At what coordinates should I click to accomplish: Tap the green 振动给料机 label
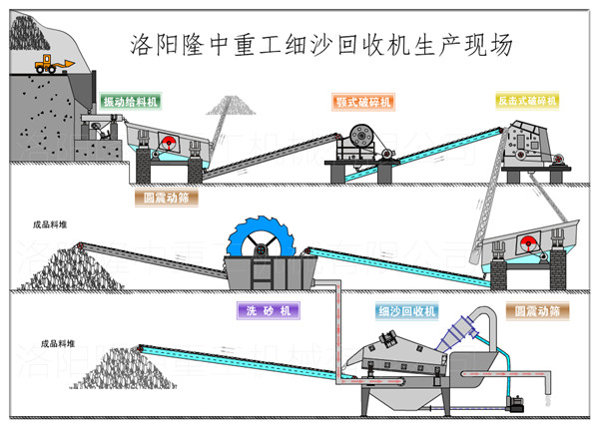(131, 102)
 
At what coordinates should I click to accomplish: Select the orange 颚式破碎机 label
(363, 101)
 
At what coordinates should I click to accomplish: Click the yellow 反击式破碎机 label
(525, 101)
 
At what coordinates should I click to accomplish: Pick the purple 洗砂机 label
(268, 310)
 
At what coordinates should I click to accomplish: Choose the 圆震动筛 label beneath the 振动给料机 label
(165, 198)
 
